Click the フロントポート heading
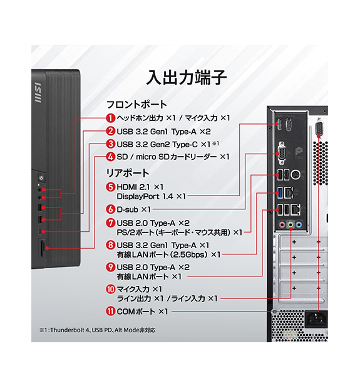point(136,104)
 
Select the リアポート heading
point(128,172)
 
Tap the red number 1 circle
point(110,118)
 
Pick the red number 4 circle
point(110,157)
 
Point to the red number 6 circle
point(110,209)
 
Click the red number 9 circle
point(110,268)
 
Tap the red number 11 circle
point(110,312)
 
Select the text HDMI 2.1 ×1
point(140,186)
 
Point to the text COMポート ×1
point(143,312)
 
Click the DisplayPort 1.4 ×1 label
point(152,196)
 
